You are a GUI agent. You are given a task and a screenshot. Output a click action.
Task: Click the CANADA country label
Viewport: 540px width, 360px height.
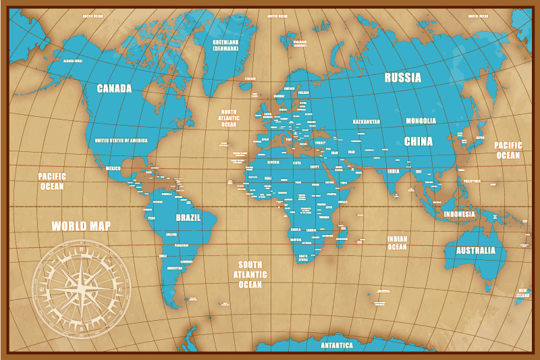[x=114, y=88]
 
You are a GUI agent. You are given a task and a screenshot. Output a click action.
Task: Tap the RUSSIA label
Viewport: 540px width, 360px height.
[x=403, y=78]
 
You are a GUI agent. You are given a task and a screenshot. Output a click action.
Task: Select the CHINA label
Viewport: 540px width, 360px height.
[x=418, y=141]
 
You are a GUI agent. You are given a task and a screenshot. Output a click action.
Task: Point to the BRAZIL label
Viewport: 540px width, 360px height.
[x=188, y=217]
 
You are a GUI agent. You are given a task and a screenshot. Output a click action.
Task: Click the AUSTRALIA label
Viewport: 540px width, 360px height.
[x=481, y=251]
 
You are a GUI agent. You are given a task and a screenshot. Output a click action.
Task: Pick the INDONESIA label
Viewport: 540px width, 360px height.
[x=459, y=214]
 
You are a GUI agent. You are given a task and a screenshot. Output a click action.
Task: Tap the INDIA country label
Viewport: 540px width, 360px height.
[x=393, y=172]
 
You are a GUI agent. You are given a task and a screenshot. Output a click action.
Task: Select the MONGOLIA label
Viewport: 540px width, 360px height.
[x=421, y=122]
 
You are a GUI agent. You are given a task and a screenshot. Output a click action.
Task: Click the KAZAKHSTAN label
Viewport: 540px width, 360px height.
[x=367, y=122]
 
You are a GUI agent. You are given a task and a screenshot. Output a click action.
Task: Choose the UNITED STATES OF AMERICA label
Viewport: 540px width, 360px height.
[x=121, y=140]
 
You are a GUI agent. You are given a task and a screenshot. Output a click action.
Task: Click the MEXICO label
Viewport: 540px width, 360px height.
[x=113, y=168]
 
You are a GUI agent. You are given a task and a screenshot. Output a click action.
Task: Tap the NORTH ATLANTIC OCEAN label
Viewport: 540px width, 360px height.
[x=229, y=118]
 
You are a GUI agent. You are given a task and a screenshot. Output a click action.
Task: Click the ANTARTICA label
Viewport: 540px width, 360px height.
[x=336, y=345]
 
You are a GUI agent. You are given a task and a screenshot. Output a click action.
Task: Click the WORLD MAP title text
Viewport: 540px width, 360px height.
[x=81, y=226]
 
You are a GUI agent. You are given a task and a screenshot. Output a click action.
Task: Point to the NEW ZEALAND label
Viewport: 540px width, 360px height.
[x=522, y=293]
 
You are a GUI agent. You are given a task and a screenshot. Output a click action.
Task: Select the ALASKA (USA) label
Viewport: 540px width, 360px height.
[x=72, y=61]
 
